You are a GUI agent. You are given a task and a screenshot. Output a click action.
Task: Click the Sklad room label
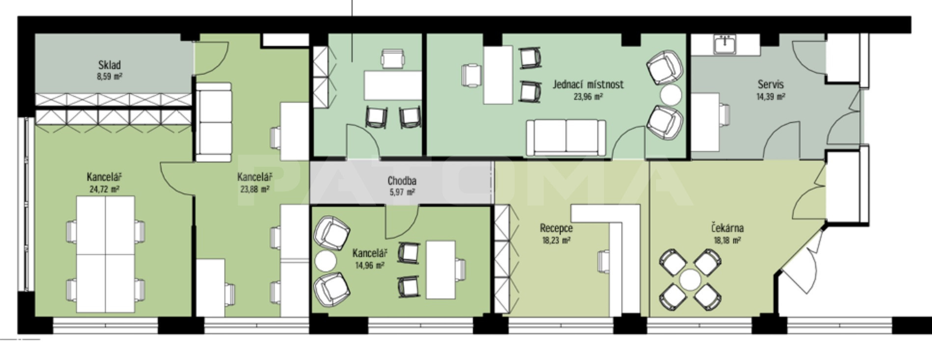[x=110, y=65]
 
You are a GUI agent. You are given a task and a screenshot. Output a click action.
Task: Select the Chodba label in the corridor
[x=402, y=181]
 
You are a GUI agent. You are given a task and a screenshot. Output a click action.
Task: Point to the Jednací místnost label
[x=588, y=84]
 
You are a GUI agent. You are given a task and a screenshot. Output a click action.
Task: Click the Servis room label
[x=770, y=84]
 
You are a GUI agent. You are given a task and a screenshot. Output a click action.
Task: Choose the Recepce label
[x=556, y=228]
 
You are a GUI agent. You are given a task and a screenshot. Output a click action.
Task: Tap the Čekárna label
[x=727, y=227]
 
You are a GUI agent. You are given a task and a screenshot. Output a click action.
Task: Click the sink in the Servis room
[x=725, y=44]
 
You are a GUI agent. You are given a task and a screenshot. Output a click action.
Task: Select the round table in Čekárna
[x=690, y=279]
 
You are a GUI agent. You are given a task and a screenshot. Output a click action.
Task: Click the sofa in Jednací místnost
[x=566, y=137]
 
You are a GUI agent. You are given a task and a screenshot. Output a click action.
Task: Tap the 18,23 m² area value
[x=556, y=241]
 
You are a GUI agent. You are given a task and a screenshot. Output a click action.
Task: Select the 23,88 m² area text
[x=254, y=189]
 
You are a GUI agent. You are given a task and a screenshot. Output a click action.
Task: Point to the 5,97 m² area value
[x=402, y=193]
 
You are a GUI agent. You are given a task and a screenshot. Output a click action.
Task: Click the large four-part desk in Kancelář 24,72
[x=106, y=254]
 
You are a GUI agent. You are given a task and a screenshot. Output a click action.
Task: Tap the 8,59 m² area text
[x=110, y=77]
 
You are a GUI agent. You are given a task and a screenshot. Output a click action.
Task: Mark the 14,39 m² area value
[x=770, y=97]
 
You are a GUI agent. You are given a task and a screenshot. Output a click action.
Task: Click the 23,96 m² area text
[x=588, y=97]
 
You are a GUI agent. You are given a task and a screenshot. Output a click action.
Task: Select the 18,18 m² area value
[x=727, y=241]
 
